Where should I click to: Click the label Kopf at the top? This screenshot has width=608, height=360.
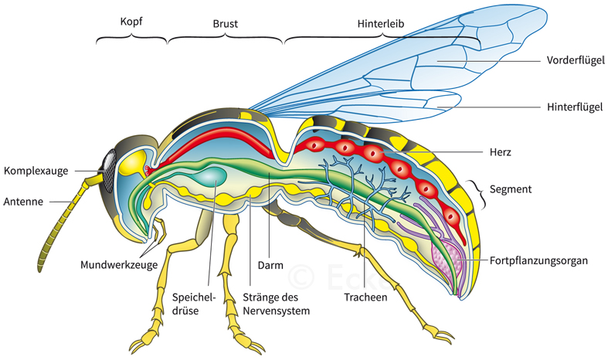pyautogui.click(x=131, y=22)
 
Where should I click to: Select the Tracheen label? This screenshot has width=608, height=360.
pyautogui.click(x=368, y=295)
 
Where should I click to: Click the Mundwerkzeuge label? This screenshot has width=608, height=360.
pyautogui.click(x=119, y=264)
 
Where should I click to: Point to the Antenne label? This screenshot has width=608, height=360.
pyautogui.click(x=26, y=202)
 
